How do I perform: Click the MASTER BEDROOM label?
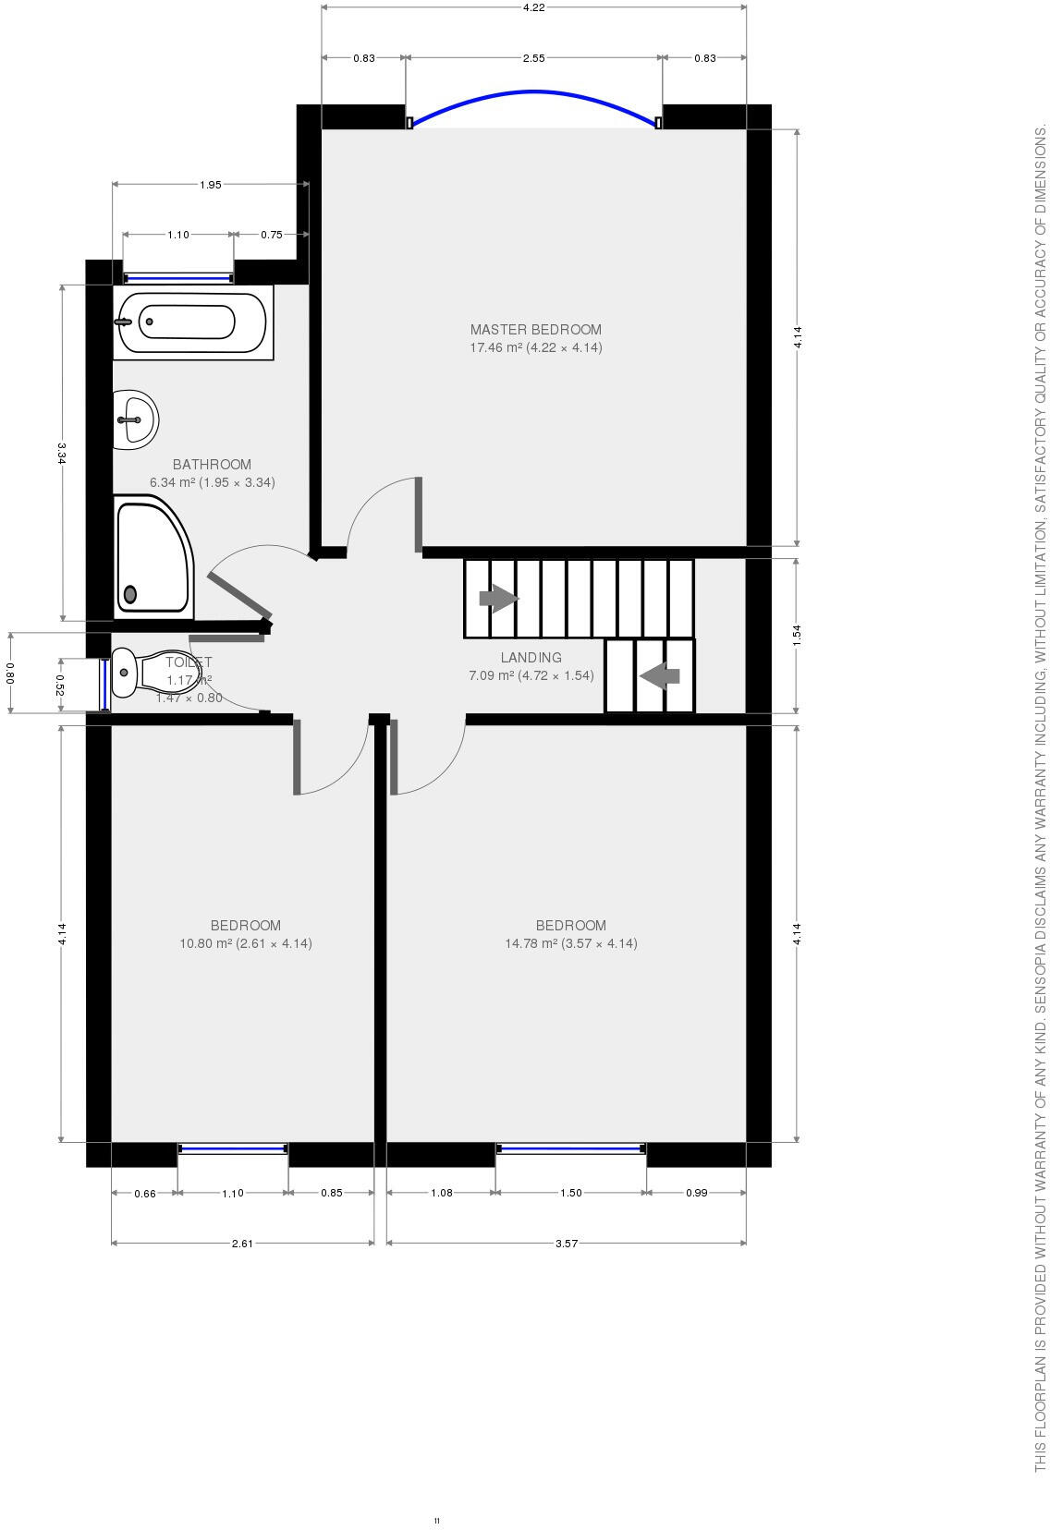pyautogui.click(x=535, y=329)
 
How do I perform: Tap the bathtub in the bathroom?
pyautogui.click(x=191, y=322)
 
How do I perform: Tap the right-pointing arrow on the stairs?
pyautogui.click(x=499, y=599)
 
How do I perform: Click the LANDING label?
pyautogui.click(x=531, y=658)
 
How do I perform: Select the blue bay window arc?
pyautogui.click(x=533, y=92)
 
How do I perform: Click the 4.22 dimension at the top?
pyautogui.click(x=533, y=7)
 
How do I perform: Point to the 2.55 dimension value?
pyautogui.click(x=533, y=58)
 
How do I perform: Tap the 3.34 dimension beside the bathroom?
pyautogui.click(x=62, y=453)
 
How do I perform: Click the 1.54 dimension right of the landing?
pyautogui.click(x=797, y=636)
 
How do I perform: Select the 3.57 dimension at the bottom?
pyautogui.click(x=566, y=1244)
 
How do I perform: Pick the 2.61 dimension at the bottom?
pyautogui.click(x=242, y=1244)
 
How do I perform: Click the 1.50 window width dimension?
pyautogui.click(x=571, y=1193)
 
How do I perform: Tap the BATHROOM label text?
pyautogui.click(x=212, y=465)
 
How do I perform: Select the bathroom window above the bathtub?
pyautogui.click(x=178, y=277)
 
